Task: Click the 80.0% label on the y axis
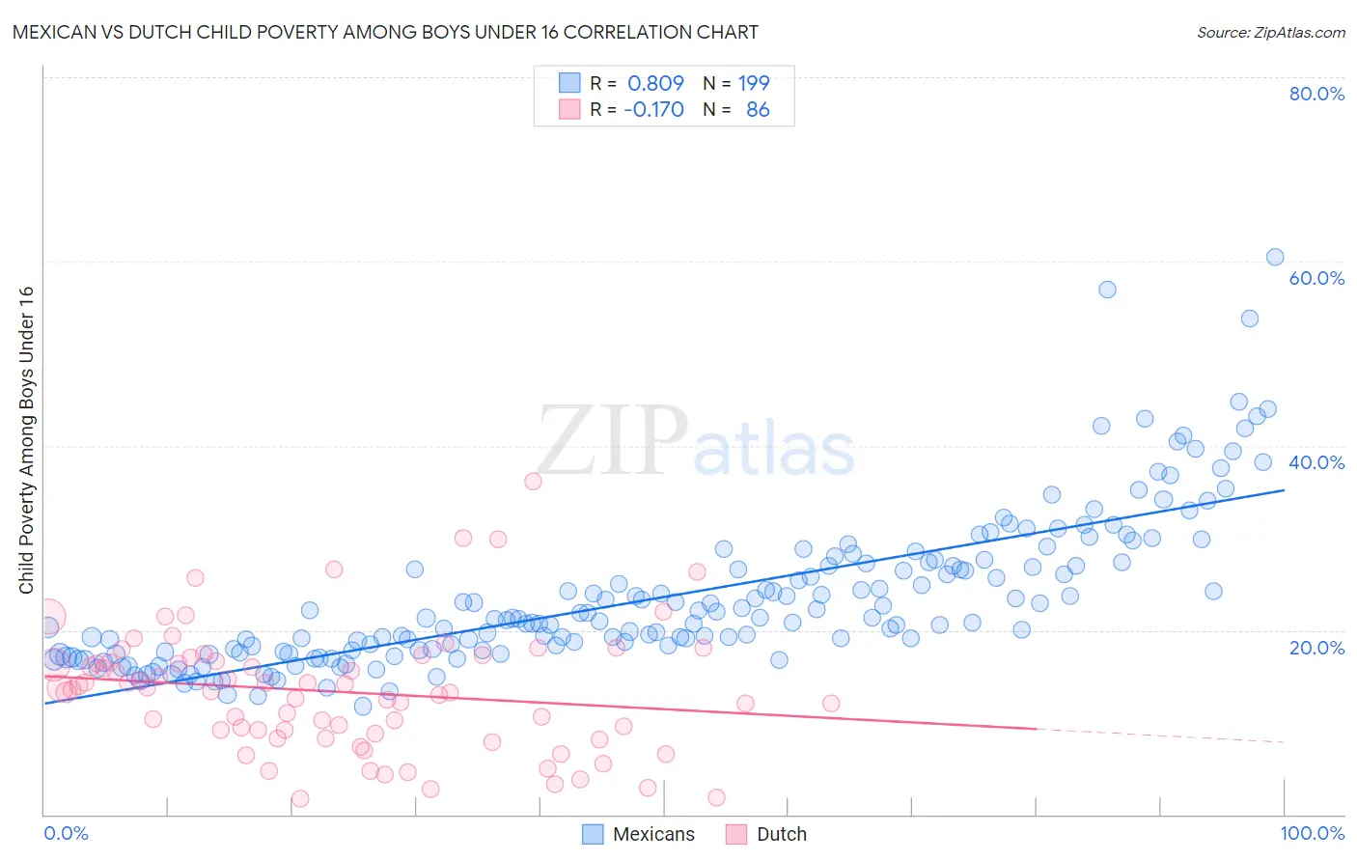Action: click(1315, 94)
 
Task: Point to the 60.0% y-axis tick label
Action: click(1315, 278)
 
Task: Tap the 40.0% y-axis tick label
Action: click(1315, 462)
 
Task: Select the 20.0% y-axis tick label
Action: click(1315, 648)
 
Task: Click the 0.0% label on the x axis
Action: click(66, 834)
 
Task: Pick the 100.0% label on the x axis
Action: click(1312, 834)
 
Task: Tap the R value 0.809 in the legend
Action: click(655, 83)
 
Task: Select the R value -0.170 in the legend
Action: click(653, 110)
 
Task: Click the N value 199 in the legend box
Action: click(754, 83)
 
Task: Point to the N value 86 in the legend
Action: click(758, 110)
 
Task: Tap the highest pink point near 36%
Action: click(533, 481)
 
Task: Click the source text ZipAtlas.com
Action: click(1271, 32)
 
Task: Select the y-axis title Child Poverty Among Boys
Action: click(26, 440)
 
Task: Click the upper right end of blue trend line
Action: click(1284, 490)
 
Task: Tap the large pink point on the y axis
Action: click(47, 616)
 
